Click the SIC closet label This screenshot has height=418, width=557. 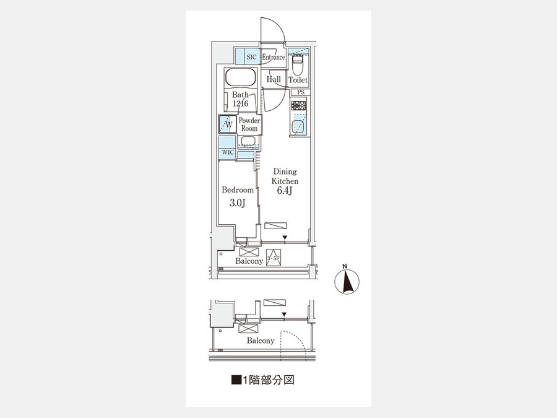click(251, 57)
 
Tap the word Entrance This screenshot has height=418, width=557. click(273, 57)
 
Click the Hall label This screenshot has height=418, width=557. click(274, 79)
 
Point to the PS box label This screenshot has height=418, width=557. click(301, 92)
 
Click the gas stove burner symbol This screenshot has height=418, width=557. click(298, 105)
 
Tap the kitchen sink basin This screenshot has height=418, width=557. click(298, 126)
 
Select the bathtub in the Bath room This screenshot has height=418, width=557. click(240, 77)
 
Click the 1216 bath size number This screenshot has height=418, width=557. click(241, 103)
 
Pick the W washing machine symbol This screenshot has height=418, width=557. click(228, 124)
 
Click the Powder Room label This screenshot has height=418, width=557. click(249, 124)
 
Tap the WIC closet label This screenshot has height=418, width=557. click(228, 152)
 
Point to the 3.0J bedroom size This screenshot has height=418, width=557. click(238, 203)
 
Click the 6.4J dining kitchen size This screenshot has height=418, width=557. click(285, 191)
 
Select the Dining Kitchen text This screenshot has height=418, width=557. click(285, 176)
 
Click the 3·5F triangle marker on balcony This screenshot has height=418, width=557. click(274, 258)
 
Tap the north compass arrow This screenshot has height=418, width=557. click(347, 281)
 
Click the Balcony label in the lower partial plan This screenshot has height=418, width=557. click(261, 341)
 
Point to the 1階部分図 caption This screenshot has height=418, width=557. click(263, 380)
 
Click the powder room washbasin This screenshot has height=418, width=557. click(248, 141)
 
